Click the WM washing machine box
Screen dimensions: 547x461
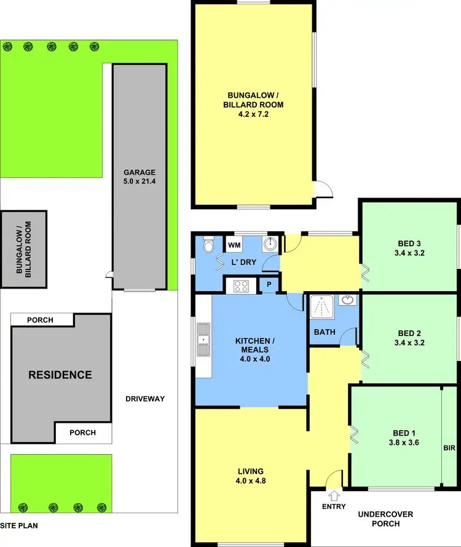click(234, 245)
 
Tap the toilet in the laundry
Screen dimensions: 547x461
click(208, 246)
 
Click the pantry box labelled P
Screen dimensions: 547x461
click(269, 285)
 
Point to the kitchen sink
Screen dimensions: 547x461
click(203, 340)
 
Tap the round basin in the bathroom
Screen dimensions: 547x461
click(349, 301)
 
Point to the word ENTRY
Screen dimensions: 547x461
click(334, 506)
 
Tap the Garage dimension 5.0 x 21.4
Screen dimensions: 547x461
click(139, 182)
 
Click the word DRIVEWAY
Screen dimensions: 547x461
click(144, 399)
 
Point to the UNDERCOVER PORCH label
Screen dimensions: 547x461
click(385, 519)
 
